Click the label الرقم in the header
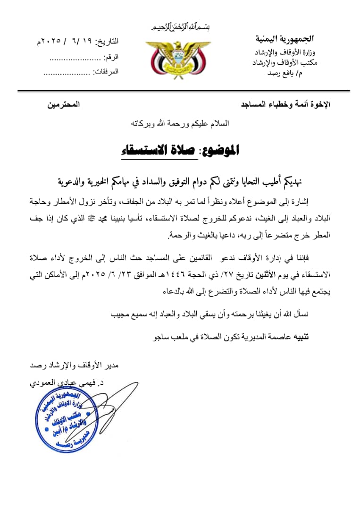point(111,57)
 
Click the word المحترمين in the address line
point(63,104)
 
